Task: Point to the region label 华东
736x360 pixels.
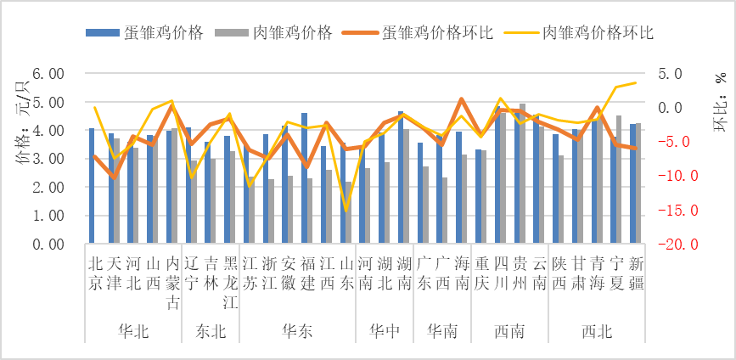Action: [297, 331]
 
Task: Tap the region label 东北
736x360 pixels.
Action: [211, 331]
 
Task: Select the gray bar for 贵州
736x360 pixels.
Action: [522, 174]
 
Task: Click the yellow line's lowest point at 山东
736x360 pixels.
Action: [346, 210]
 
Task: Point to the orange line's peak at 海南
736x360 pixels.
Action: [461, 99]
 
